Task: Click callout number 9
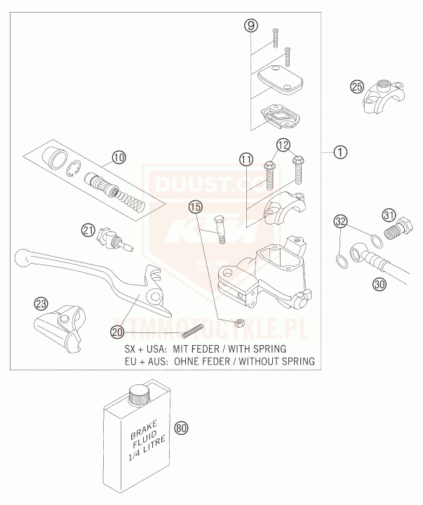coord(251,26)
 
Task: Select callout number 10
coord(119,157)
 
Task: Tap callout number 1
coord(340,151)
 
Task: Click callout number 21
coord(88,229)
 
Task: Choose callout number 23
coord(41,304)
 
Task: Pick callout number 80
coord(182,428)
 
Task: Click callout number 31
coord(389,215)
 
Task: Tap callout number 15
coord(195,207)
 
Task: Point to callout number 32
coord(340,222)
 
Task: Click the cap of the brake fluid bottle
coord(139,393)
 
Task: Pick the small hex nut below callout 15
coord(238,323)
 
